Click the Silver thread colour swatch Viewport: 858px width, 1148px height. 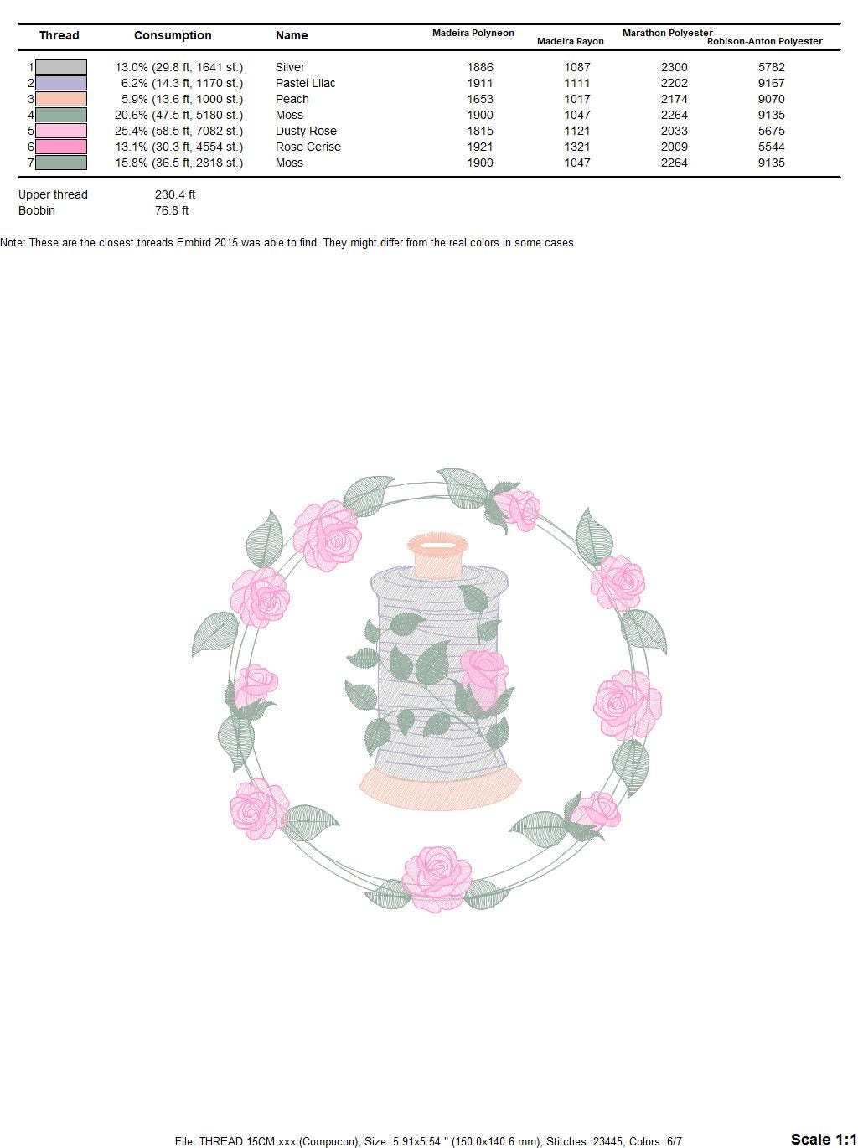pos(60,67)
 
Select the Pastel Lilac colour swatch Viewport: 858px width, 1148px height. pos(60,83)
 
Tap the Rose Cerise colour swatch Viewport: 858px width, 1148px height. pos(60,147)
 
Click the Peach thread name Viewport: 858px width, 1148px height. pos(292,99)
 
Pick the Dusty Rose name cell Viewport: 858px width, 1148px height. pos(306,131)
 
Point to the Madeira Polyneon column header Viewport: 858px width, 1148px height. pos(473,33)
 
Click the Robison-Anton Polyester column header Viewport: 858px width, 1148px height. pos(764,41)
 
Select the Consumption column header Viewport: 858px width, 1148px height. pos(173,35)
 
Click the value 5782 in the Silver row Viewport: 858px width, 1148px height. pos(771,67)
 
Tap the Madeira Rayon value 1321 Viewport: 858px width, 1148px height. pos(576,147)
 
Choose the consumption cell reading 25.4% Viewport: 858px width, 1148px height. pos(178,131)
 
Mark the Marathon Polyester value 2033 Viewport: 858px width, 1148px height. pos(674,131)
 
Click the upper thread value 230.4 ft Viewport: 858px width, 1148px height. pos(174,194)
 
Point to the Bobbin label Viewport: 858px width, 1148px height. pos(37,210)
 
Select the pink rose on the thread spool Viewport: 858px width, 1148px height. pos(484,674)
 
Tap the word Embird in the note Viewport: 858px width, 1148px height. pos(194,243)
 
